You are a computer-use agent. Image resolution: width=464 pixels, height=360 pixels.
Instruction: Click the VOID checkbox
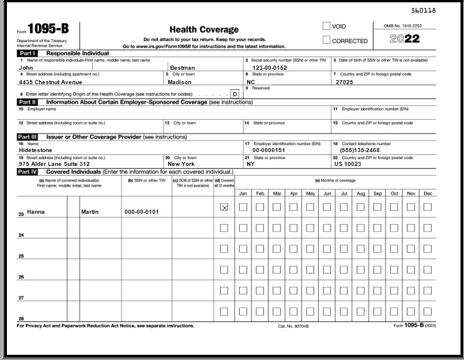click(x=327, y=26)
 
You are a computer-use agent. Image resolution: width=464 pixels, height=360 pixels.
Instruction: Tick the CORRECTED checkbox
click(x=327, y=40)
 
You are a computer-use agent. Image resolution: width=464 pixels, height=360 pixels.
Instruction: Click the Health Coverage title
click(x=203, y=29)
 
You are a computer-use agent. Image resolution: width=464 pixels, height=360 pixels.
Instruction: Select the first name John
click(x=25, y=67)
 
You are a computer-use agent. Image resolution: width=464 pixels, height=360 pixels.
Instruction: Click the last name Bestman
click(x=182, y=67)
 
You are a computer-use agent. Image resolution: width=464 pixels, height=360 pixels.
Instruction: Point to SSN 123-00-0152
click(x=266, y=67)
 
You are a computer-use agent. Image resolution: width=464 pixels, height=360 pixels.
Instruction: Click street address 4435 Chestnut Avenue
click(x=51, y=82)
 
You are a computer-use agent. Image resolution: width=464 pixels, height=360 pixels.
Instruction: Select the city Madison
click(x=179, y=82)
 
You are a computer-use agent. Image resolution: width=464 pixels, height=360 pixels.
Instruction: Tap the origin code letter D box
click(x=235, y=94)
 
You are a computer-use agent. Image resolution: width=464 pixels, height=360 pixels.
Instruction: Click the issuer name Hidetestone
click(x=35, y=150)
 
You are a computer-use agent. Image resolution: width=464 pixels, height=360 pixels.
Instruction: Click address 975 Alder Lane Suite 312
click(x=54, y=164)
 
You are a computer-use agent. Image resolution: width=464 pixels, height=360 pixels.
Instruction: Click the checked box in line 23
click(x=224, y=207)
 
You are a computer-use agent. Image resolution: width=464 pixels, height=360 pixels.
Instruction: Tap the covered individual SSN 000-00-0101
click(x=141, y=212)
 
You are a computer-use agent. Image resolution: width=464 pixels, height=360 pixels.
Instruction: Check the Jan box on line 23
click(x=243, y=207)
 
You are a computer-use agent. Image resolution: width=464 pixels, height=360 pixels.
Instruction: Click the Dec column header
click(x=428, y=194)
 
